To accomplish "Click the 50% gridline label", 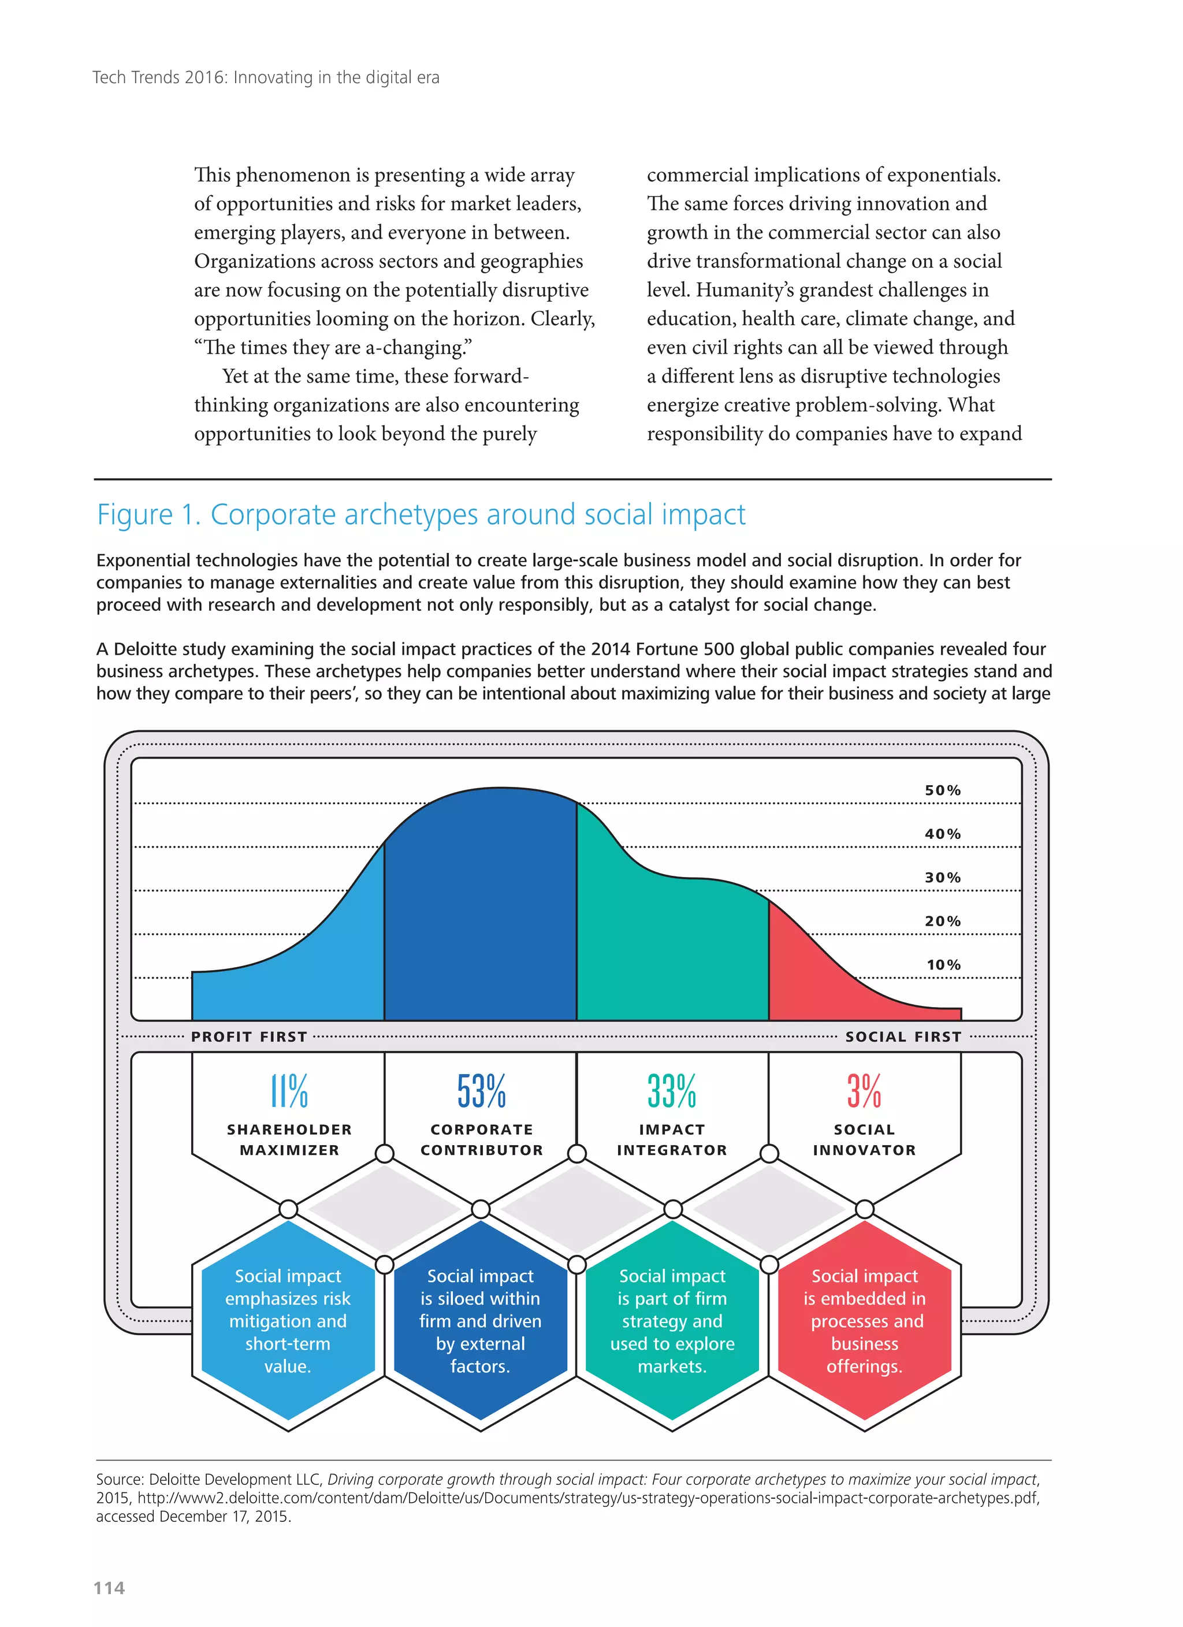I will point(942,790).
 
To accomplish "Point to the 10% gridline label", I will point(943,964).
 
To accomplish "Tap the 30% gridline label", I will point(942,878).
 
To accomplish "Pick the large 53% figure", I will point(481,1091).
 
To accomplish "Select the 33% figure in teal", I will point(672,1091).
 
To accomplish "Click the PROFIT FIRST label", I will point(249,1037).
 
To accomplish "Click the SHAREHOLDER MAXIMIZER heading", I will point(289,1139).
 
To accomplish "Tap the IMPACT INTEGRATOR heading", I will point(672,1139).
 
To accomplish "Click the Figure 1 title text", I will point(421,514).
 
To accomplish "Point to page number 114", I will point(109,1588).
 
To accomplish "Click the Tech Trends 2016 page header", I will point(266,77).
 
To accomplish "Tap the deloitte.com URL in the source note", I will point(588,1498).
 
